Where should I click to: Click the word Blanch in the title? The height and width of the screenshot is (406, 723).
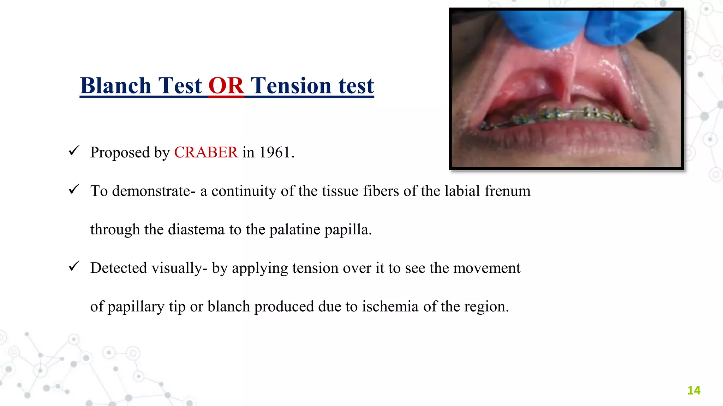tap(115, 86)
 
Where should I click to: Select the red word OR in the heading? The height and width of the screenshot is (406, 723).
tap(226, 86)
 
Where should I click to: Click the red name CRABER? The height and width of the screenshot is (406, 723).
tap(206, 153)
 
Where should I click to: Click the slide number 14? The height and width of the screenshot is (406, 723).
tap(694, 390)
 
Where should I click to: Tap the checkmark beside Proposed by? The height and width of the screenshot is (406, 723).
tap(74, 151)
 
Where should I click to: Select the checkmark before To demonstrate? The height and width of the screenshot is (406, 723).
tap(74, 189)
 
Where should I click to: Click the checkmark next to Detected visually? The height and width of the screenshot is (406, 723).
tap(74, 266)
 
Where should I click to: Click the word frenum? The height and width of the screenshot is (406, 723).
tap(507, 191)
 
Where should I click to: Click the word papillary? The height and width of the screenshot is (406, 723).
tap(136, 307)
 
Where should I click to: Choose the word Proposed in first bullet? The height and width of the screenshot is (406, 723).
tap(120, 153)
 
